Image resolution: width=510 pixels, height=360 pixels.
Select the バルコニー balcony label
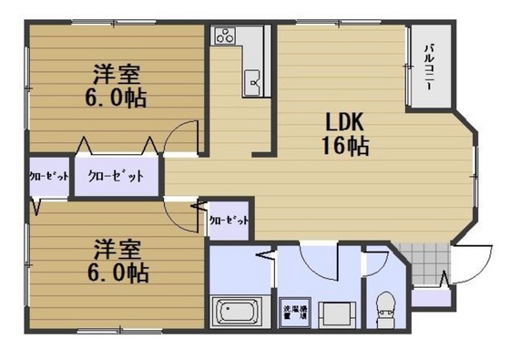(x=426, y=69)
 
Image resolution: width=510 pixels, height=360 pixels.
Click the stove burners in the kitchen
(x=223, y=36)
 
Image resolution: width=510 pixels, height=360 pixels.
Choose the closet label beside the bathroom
(x=228, y=220)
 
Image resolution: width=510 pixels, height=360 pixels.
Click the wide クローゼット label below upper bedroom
(x=116, y=176)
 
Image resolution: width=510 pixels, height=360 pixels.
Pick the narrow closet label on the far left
(x=47, y=177)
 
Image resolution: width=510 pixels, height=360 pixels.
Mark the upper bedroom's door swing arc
(x=182, y=137)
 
